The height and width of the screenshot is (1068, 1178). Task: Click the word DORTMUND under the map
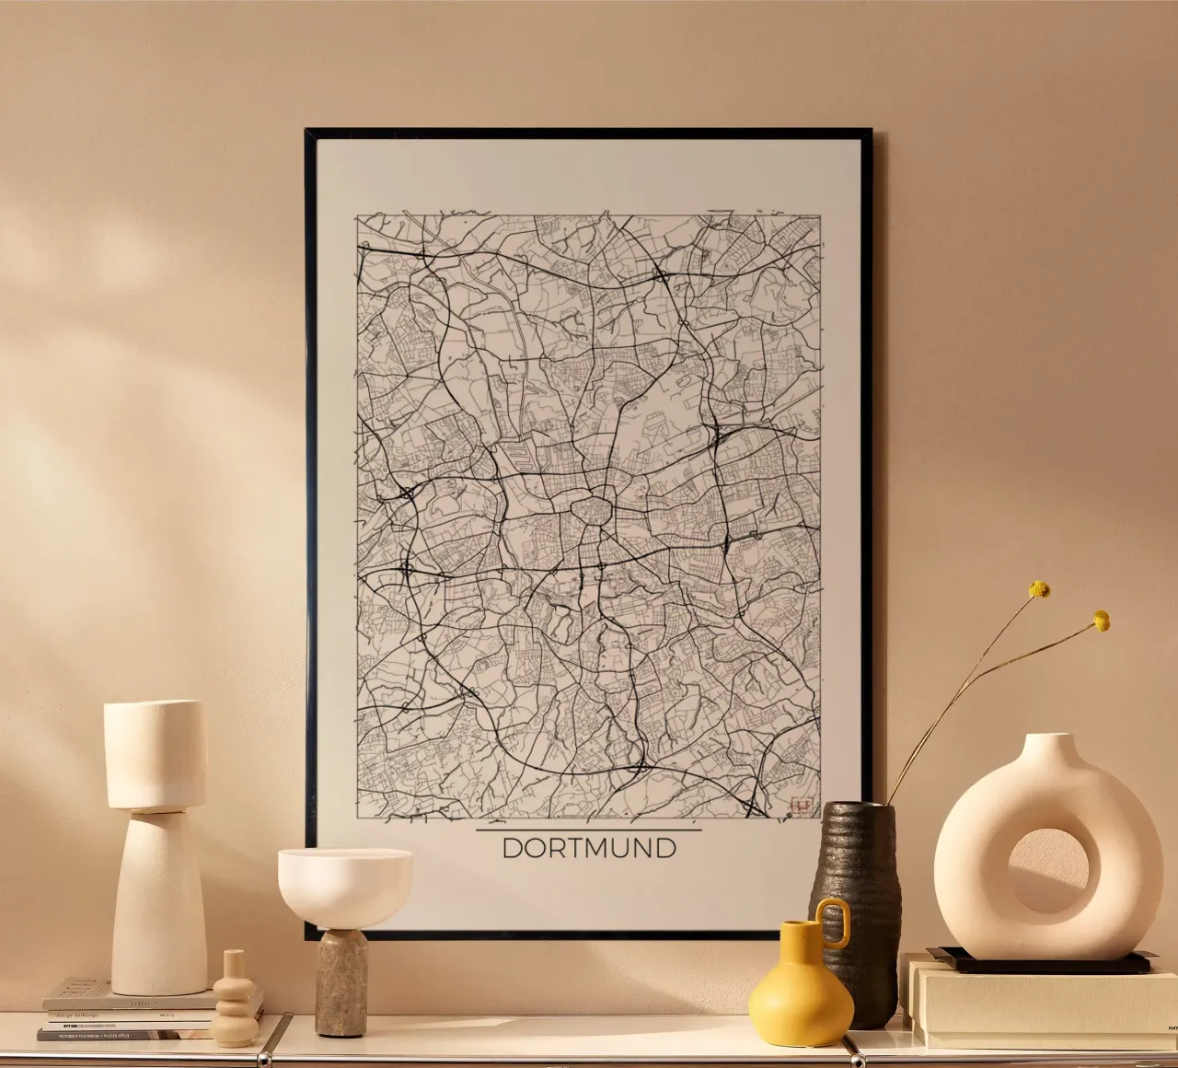coord(588,848)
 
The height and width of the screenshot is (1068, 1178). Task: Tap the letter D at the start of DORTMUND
coord(512,848)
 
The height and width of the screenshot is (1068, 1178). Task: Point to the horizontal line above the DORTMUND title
coord(588,830)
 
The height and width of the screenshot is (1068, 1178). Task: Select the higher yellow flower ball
coord(1039,589)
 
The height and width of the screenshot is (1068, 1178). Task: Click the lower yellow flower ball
coord(1101,621)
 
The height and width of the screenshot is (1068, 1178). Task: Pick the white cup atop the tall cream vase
coord(155,752)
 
